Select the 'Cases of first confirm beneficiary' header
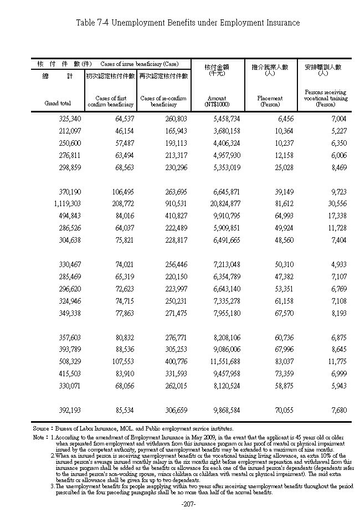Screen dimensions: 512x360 (110, 101)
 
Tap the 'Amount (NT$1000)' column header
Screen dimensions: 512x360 (215, 101)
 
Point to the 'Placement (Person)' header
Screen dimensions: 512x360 (270, 101)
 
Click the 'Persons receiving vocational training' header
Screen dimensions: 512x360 (325, 98)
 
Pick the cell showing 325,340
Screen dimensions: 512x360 (69, 119)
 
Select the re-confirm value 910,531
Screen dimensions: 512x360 (171, 204)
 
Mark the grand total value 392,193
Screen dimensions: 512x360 (69, 411)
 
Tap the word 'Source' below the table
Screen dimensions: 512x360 (40, 428)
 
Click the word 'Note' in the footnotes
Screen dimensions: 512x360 (39, 437)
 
